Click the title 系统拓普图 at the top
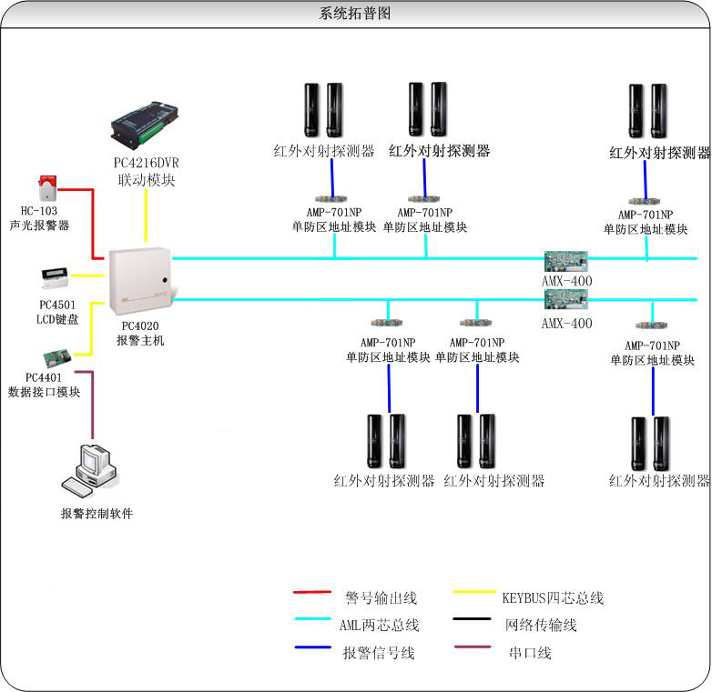[356, 14]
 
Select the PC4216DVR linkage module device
[146, 125]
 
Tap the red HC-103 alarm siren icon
[46, 188]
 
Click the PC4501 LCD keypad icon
[54, 276]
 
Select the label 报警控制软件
[97, 514]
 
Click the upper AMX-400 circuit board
[566, 261]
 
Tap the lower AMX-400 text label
[566, 324]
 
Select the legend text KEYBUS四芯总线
[552, 597]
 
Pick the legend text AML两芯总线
[380, 625]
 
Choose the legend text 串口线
[530, 653]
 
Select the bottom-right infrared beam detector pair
[650, 443]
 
